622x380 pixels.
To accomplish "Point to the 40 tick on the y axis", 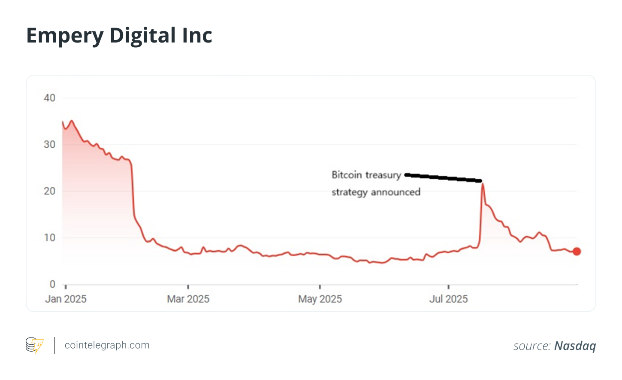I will (x=50, y=98).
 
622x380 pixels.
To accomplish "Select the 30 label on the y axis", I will (x=50, y=145).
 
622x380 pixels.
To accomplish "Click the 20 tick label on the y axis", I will (x=50, y=191).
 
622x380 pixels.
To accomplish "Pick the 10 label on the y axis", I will (x=50, y=238).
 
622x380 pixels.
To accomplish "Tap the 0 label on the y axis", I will (x=52, y=284).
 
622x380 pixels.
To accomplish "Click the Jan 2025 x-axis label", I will (x=66, y=299).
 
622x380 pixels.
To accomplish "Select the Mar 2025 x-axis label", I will (x=188, y=299).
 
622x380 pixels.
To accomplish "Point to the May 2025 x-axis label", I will (x=320, y=299).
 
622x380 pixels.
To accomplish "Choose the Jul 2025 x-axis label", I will (x=448, y=299).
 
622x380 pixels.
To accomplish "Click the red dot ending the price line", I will (x=577, y=252).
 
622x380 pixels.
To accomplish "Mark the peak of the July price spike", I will (x=483, y=184).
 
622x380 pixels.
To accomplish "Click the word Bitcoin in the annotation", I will (x=347, y=175).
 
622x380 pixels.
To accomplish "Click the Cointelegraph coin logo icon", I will (x=34, y=345).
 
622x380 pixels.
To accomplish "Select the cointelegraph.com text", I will (x=107, y=345).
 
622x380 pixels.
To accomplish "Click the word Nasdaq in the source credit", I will (x=575, y=346).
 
